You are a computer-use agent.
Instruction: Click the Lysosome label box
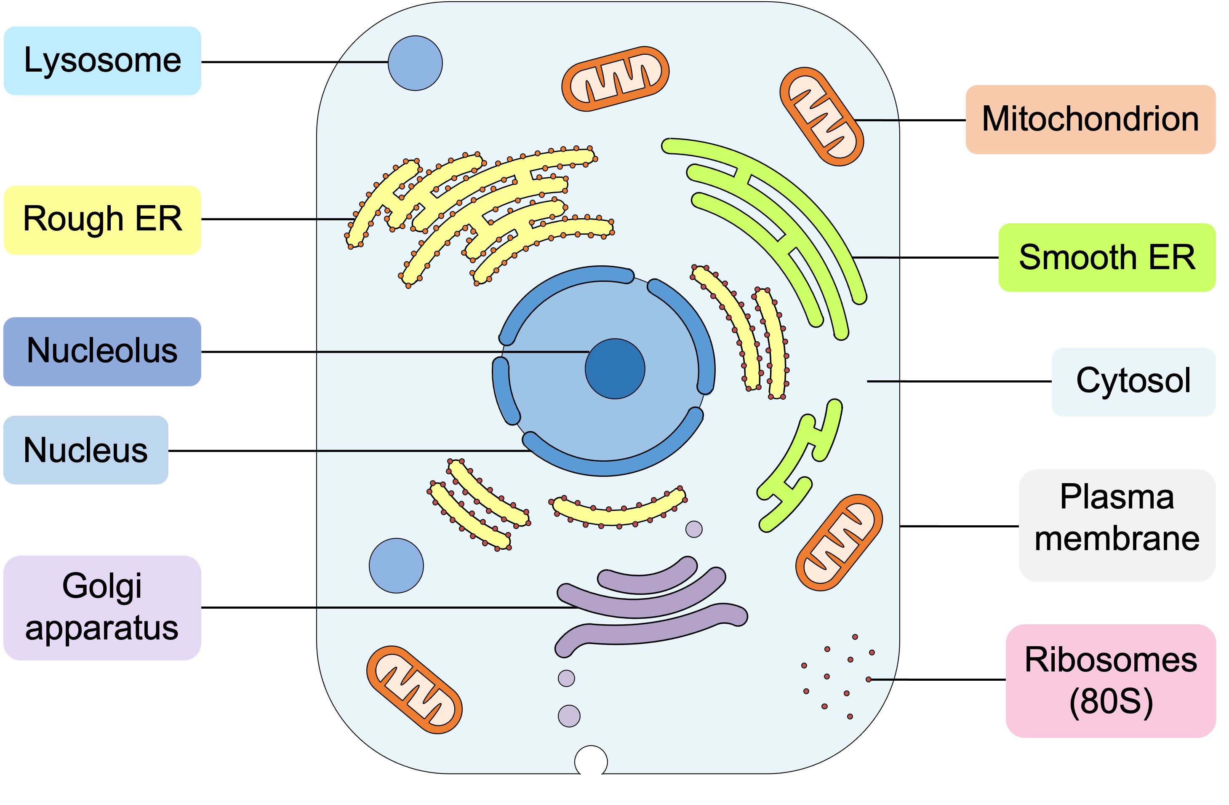(102, 61)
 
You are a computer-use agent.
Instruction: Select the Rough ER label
(102, 219)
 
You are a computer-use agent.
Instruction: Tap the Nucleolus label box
(102, 351)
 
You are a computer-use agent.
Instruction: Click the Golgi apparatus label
(102, 607)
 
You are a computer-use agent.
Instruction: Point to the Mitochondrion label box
(1090, 119)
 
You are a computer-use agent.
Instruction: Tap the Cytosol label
(1133, 382)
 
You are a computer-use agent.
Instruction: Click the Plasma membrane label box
(1117, 525)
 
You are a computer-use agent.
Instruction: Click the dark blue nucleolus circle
(615, 369)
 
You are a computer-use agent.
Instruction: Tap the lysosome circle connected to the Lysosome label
(415, 63)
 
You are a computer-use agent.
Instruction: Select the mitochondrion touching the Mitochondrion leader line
(821, 116)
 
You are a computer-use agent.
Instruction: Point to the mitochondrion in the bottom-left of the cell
(414, 690)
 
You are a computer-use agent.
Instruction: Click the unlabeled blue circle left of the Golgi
(396, 566)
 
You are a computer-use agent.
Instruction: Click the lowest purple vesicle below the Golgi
(569, 716)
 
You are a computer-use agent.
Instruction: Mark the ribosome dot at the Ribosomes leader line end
(869, 679)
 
